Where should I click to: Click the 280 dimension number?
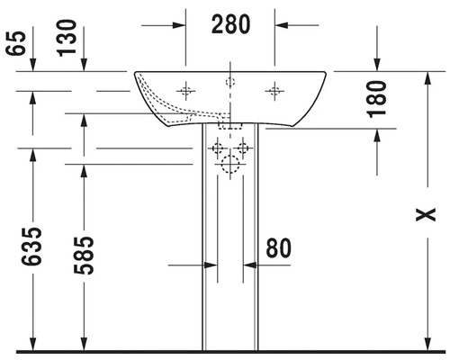tap(230, 24)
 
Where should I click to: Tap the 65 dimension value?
tap(16, 43)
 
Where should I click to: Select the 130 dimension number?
tap(67, 38)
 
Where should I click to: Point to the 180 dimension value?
tap(377, 99)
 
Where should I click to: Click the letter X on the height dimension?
tap(426, 214)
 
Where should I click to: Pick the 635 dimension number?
tap(31, 247)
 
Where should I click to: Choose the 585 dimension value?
tap(84, 256)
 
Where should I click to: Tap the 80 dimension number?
tap(279, 248)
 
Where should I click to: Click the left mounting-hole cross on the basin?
tap(185, 91)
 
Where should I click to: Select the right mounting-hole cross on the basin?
tap(274, 91)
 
